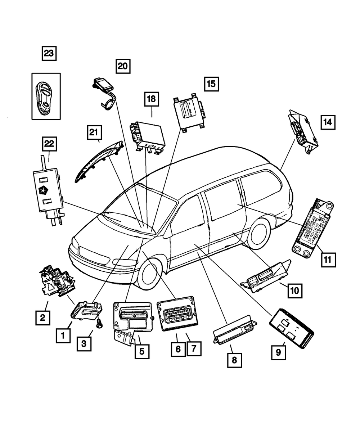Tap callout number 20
pos(123,66)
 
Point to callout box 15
pos(211,84)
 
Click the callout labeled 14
pos(328,122)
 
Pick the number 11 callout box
pos(328,260)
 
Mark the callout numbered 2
pos(42,318)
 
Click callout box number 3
pos(84,344)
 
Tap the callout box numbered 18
pos(152,100)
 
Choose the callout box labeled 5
pos(142,351)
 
